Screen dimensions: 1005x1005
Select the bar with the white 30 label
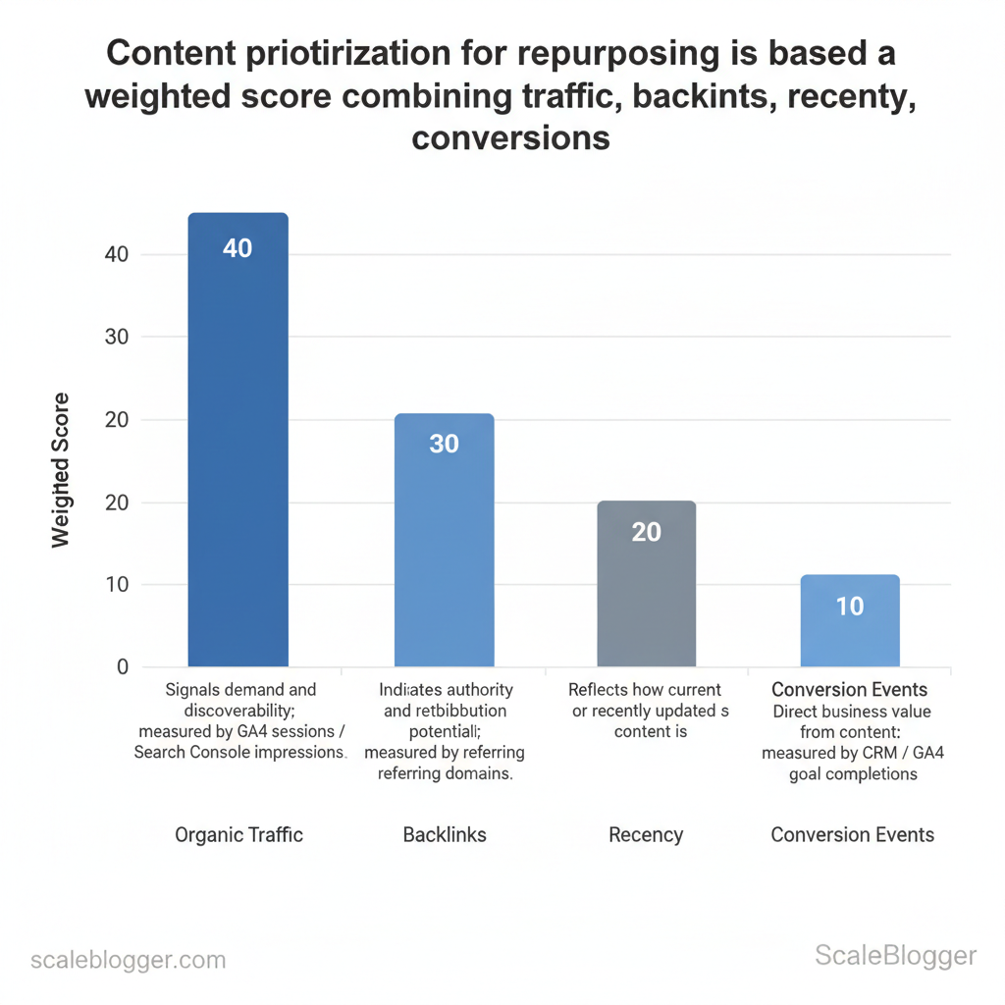(444, 540)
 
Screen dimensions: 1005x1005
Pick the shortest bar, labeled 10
(850, 623)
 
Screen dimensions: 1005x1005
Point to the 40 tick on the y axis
(116, 254)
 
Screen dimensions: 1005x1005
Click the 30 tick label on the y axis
(116, 337)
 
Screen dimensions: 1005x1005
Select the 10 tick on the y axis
(116, 585)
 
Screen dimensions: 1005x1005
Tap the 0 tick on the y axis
(122, 667)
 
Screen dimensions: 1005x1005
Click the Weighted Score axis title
(61, 470)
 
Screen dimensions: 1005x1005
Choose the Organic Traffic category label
(238, 835)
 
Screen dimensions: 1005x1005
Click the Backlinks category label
(445, 835)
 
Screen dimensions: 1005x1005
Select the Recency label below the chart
(646, 835)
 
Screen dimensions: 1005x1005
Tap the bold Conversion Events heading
(850, 690)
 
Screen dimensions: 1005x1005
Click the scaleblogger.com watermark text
(129, 960)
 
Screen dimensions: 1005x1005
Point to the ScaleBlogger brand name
(896, 956)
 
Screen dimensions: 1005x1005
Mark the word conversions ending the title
(510, 137)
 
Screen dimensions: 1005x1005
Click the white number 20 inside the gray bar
(646, 532)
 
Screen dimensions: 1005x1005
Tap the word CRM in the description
(886, 753)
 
